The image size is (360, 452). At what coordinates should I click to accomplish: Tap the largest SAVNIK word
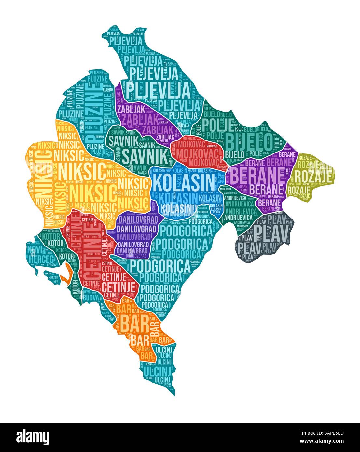(144, 156)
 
